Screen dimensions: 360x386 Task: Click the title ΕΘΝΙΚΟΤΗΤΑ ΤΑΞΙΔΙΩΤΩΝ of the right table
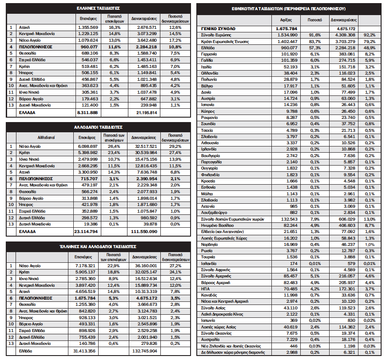coord(289,8)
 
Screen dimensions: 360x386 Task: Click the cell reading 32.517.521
coord(143,146)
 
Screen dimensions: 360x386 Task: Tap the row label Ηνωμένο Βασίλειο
coord(217,225)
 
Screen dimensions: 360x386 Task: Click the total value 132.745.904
coord(143,351)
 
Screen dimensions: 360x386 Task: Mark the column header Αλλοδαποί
coord(47,138)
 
